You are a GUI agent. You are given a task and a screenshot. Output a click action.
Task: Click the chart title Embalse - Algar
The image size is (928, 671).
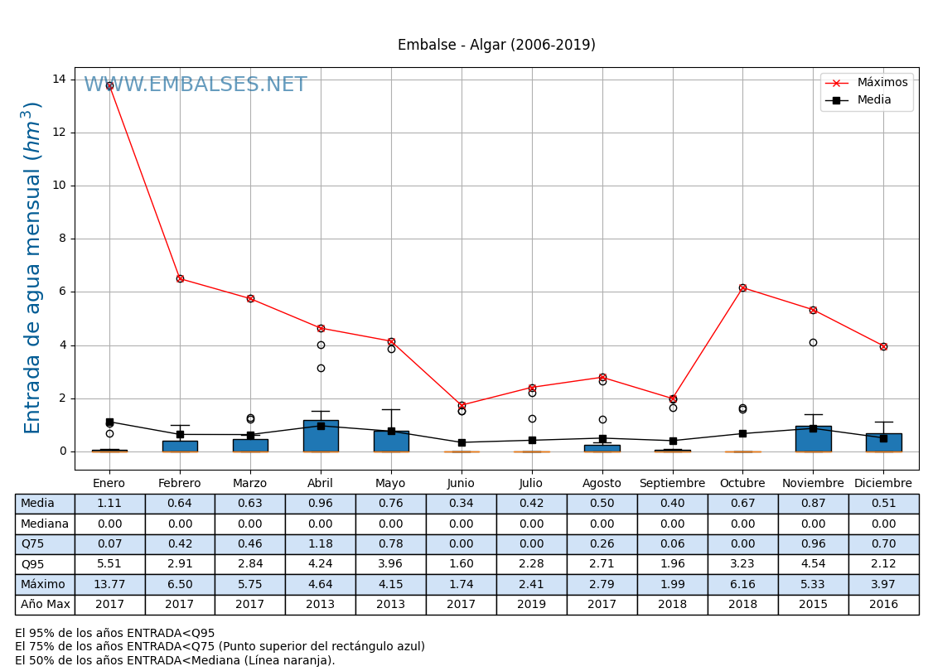point(496,46)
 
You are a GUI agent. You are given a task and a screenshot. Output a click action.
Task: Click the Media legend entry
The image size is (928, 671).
point(874,100)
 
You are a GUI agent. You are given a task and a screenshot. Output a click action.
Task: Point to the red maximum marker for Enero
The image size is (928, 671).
point(109,85)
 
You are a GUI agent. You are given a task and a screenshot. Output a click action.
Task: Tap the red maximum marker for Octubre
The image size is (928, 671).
point(742,287)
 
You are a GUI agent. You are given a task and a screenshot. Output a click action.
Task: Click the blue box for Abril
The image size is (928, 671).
point(321,436)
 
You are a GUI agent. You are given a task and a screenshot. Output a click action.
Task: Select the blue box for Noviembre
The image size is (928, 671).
point(813,439)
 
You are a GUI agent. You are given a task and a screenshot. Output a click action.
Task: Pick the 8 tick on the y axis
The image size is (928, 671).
point(60,239)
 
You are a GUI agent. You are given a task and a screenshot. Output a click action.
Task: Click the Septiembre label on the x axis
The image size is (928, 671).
point(672,483)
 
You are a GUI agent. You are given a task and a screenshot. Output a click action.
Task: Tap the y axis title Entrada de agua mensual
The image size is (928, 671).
point(32,267)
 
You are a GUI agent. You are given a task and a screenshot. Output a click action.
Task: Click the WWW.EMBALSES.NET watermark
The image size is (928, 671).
point(196,85)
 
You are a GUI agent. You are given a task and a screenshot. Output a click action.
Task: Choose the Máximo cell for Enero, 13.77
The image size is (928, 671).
point(109,584)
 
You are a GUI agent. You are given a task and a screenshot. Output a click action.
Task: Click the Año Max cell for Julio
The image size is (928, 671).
point(531,605)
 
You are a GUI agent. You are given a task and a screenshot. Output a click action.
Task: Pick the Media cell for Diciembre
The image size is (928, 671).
point(883,504)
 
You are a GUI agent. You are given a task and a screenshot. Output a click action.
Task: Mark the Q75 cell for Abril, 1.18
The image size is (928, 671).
point(321,544)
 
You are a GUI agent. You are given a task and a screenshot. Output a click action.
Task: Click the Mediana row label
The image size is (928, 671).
point(45,524)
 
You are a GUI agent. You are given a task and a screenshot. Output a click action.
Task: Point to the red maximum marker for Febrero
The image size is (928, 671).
point(180,278)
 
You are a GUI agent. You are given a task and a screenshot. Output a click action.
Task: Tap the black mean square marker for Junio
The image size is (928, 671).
point(462,442)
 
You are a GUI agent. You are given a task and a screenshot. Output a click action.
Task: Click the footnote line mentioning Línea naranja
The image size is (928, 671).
point(175,660)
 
